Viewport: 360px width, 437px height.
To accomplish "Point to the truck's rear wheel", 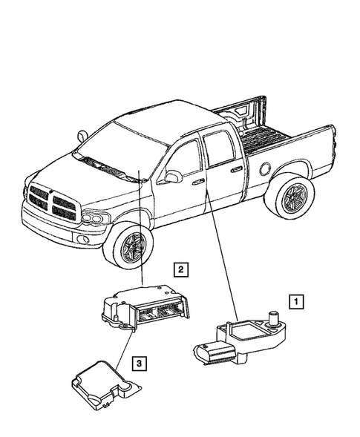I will click(x=289, y=197).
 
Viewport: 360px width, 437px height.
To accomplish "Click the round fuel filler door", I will click(x=264, y=168).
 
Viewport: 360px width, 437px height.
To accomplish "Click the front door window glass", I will click(x=186, y=157).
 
